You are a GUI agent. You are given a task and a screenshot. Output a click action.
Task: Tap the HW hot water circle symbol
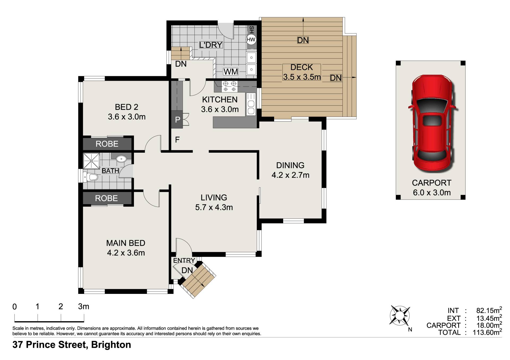251,40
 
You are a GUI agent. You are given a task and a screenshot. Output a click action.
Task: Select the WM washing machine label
231,72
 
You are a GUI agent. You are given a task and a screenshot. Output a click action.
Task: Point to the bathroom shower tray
91,161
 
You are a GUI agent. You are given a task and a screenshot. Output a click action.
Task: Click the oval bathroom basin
121,159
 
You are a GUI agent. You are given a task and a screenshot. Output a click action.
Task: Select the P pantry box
177,120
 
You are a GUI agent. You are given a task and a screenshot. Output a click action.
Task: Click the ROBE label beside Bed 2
107,144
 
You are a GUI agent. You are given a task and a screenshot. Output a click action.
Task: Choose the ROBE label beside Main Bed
106,198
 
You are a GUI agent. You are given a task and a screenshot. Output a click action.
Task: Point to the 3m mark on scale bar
84,307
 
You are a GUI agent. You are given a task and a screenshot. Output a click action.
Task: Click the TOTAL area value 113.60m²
487,332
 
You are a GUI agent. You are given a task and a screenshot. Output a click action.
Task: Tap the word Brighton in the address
111,345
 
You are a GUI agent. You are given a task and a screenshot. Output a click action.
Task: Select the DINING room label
290,165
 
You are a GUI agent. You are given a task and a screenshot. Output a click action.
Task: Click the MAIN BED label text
126,243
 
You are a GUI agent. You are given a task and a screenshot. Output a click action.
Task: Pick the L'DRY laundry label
211,45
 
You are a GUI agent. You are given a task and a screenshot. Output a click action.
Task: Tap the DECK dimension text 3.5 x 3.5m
302,77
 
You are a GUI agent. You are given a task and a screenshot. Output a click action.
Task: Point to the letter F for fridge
177,140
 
